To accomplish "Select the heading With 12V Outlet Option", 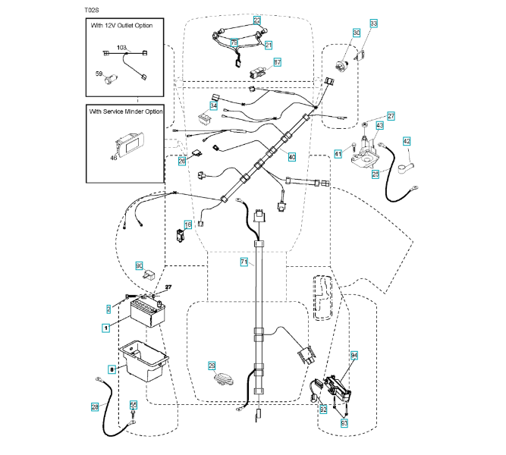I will (x=121, y=26).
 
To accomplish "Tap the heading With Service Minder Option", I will (x=126, y=111).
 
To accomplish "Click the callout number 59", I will (x=98, y=74).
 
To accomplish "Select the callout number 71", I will (x=244, y=262).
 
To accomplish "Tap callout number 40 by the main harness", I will (x=292, y=155).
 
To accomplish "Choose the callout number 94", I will (x=354, y=355).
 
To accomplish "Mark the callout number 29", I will (x=212, y=366).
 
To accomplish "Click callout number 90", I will (x=140, y=265).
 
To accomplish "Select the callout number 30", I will (x=356, y=33).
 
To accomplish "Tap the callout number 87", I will (x=277, y=61).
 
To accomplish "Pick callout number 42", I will (x=407, y=141).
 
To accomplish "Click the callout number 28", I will (x=95, y=407).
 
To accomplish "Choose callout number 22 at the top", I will (x=257, y=20).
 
